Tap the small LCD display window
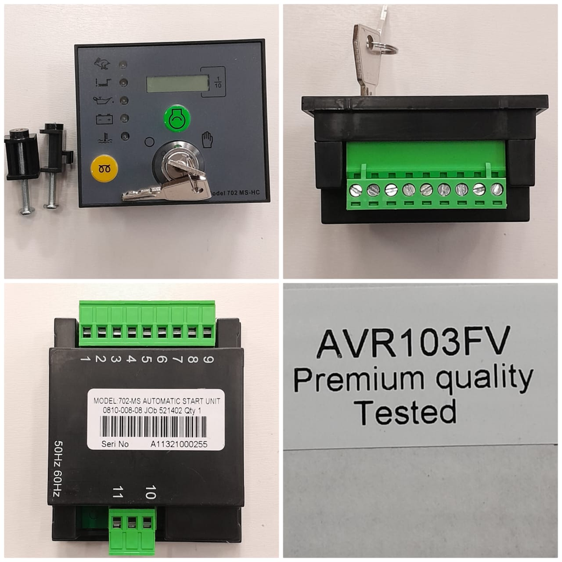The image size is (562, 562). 177,84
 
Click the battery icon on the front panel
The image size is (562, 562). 104,119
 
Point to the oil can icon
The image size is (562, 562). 104,101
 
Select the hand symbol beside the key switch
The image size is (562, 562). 207,139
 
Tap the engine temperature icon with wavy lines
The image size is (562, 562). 103,138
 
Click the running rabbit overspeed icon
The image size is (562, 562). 102,64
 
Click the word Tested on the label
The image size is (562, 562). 405,412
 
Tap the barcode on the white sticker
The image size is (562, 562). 154,426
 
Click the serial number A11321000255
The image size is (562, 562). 179,445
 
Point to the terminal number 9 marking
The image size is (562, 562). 209,359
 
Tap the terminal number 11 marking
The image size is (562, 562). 117,492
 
